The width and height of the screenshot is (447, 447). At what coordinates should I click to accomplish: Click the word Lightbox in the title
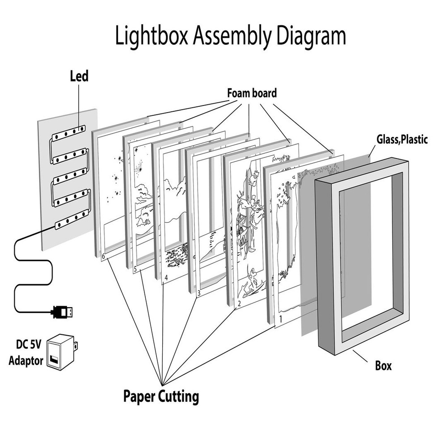(152, 36)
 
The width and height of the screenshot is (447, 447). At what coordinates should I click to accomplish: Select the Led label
(79, 76)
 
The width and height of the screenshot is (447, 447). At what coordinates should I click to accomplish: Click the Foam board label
(252, 93)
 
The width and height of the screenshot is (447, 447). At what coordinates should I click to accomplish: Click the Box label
(383, 366)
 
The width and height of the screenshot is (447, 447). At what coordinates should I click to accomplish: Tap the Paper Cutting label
(161, 396)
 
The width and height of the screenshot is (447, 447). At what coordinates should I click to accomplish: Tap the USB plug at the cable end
(63, 311)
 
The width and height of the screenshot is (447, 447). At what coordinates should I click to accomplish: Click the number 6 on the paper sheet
(104, 257)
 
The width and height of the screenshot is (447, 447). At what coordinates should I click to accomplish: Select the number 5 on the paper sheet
(135, 269)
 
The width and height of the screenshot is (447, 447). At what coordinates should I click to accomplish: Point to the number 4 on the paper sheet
(166, 278)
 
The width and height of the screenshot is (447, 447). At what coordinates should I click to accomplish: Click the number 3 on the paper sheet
(198, 293)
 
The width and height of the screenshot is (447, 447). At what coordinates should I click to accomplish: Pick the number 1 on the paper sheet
(280, 319)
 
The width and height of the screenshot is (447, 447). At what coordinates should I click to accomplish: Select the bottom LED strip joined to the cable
(71, 219)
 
